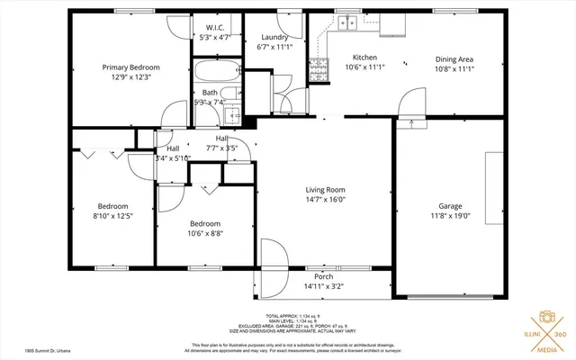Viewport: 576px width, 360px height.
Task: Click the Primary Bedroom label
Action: (130, 67)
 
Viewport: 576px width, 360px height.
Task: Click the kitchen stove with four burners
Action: (318, 67)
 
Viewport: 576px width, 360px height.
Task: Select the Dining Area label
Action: (454, 58)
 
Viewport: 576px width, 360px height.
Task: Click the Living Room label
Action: (325, 190)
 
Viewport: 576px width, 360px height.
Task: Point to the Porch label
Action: (324, 276)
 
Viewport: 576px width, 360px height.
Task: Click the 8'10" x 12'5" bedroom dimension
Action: (112, 216)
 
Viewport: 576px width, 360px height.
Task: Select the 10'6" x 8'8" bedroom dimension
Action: (205, 233)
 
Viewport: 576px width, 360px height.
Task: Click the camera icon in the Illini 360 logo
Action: (545, 319)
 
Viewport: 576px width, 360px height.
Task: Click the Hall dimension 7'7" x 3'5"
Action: (221, 148)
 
